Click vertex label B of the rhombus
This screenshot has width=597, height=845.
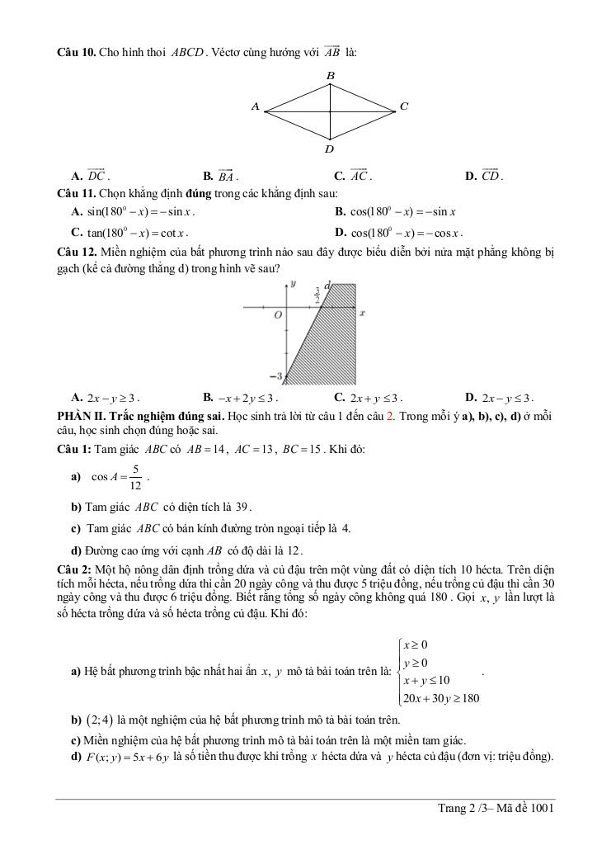coord(330,75)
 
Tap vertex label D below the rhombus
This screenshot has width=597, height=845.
coord(330,149)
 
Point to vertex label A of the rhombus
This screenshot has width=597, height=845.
coord(256,106)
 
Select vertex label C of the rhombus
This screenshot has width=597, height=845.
coord(403,106)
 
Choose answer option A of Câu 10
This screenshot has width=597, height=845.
coord(90,175)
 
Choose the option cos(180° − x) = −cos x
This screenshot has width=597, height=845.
coord(399,233)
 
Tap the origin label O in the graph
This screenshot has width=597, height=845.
coord(279,314)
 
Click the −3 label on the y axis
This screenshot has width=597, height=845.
coord(278,375)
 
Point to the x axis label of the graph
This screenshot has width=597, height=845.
coord(362,314)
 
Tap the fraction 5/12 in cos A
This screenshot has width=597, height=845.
coord(135,477)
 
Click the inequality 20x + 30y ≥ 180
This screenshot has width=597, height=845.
coord(440,699)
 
